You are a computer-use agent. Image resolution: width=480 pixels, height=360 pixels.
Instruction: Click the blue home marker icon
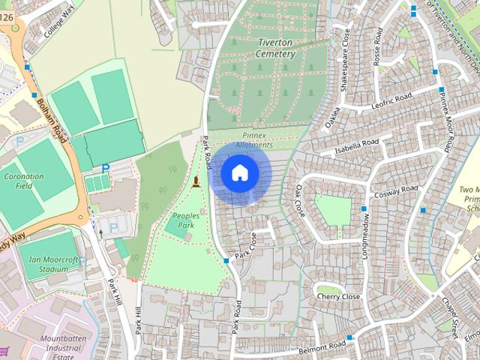point(239,173)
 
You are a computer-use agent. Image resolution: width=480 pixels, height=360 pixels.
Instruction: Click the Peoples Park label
point(185,220)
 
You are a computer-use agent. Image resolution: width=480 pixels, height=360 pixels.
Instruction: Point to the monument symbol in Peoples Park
point(196,181)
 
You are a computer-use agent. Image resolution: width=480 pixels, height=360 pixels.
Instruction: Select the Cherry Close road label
point(339,297)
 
